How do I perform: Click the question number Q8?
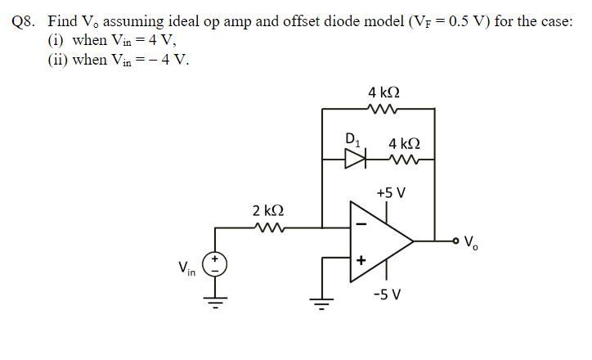(x=27, y=21)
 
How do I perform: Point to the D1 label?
(x=352, y=139)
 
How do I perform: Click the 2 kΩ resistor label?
(x=268, y=212)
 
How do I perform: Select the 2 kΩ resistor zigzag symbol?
(x=268, y=227)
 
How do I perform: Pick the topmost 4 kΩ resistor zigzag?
(x=383, y=108)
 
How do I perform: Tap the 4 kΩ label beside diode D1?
(x=405, y=143)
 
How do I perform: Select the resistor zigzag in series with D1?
(x=404, y=160)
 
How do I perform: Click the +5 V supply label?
(x=390, y=193)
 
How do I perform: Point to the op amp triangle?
(x=380, y=241)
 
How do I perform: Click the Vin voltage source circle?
(x=216, y=263)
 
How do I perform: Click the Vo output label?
(x=472, y=242)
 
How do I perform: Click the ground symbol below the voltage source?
(x=216, y=304)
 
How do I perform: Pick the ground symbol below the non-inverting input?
(x=322, y=304)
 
